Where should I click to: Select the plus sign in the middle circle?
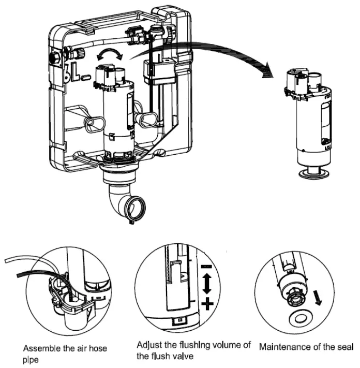(x=207, y=303)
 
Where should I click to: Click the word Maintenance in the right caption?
(x=284, y=346)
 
